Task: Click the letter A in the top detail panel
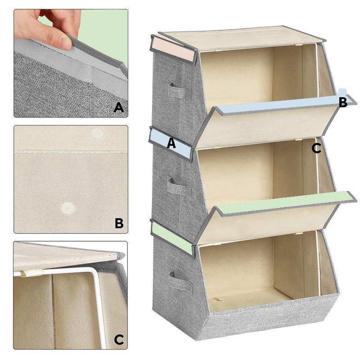coord(119,107)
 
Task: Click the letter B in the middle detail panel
coord(119,223)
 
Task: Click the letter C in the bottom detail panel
coord(119,339)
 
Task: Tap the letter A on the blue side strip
coord(171,144)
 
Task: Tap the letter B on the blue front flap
coord(343,103)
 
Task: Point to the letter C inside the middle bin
coord(316,148)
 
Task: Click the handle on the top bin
coord(180,90)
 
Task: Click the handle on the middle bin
coord(179,186)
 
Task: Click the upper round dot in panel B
coord(97,134)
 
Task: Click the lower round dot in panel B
coord(68,208)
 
